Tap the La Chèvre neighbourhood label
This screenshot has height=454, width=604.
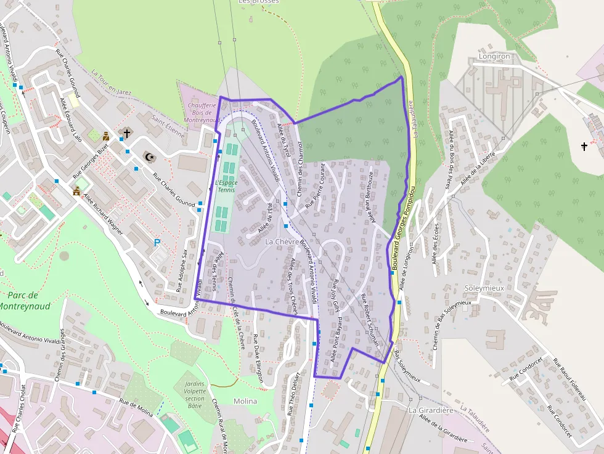click(x=282, y=242)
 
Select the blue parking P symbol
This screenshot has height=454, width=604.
click(x=157, y=243)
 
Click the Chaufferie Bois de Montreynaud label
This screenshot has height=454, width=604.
click(x=201, y=113)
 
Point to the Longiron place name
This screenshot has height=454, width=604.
click(x=494, y=56)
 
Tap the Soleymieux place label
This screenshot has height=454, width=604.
click(x=485, y=288)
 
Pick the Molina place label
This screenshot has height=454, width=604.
click(x=245, y=401)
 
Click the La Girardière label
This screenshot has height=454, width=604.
click(x=431, y=410)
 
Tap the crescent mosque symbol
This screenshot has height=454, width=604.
click(x=148, y=156)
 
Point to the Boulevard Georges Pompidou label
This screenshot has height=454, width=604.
click(x=401, y=225)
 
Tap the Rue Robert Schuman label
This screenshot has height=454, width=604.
click(x=370, y=320)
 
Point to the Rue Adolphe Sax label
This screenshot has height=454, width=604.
click(x=182, y=266)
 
